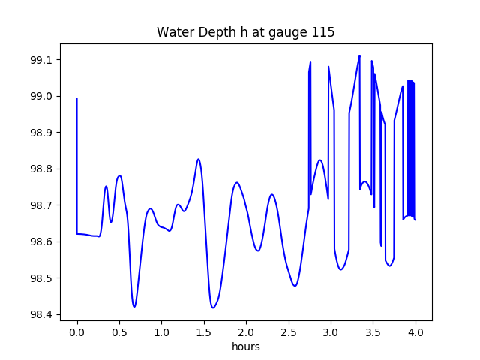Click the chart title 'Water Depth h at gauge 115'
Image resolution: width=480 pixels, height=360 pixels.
click(245, 32)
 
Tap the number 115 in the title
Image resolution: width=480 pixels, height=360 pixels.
click(325, 32)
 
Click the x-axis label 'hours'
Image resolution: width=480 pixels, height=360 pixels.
click(246, 347)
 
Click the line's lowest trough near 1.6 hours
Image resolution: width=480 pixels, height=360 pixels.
click(213, 307)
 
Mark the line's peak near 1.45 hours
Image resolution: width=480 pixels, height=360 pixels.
click(198, 159)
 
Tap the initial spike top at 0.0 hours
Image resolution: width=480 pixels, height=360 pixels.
click(77, 98)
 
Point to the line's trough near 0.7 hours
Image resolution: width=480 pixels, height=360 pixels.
click(134, 306)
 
